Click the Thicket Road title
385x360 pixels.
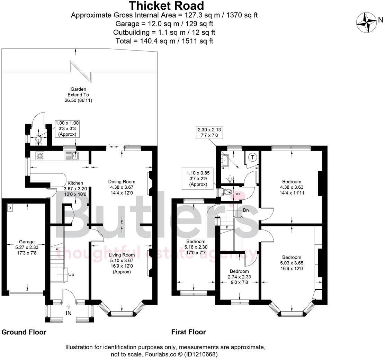click(x=167, y=6)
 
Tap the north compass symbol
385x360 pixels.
click(x=367, y=23)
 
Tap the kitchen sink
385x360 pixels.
click(x=71, y=156)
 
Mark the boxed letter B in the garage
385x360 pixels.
click(x=10, y=208)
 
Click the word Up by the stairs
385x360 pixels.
click(x=71, y=274)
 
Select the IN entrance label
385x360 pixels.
click(x=69, y=313)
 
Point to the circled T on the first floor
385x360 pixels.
click(x=253, y=158)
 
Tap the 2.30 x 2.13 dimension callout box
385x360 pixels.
click(x=209, y=132)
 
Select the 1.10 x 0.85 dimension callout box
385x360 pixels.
click(x=198, y=178)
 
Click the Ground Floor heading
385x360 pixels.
click(x=24, y=332)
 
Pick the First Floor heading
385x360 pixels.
click(x=188, y=332)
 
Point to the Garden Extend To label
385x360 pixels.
click(x=78, y=94)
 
